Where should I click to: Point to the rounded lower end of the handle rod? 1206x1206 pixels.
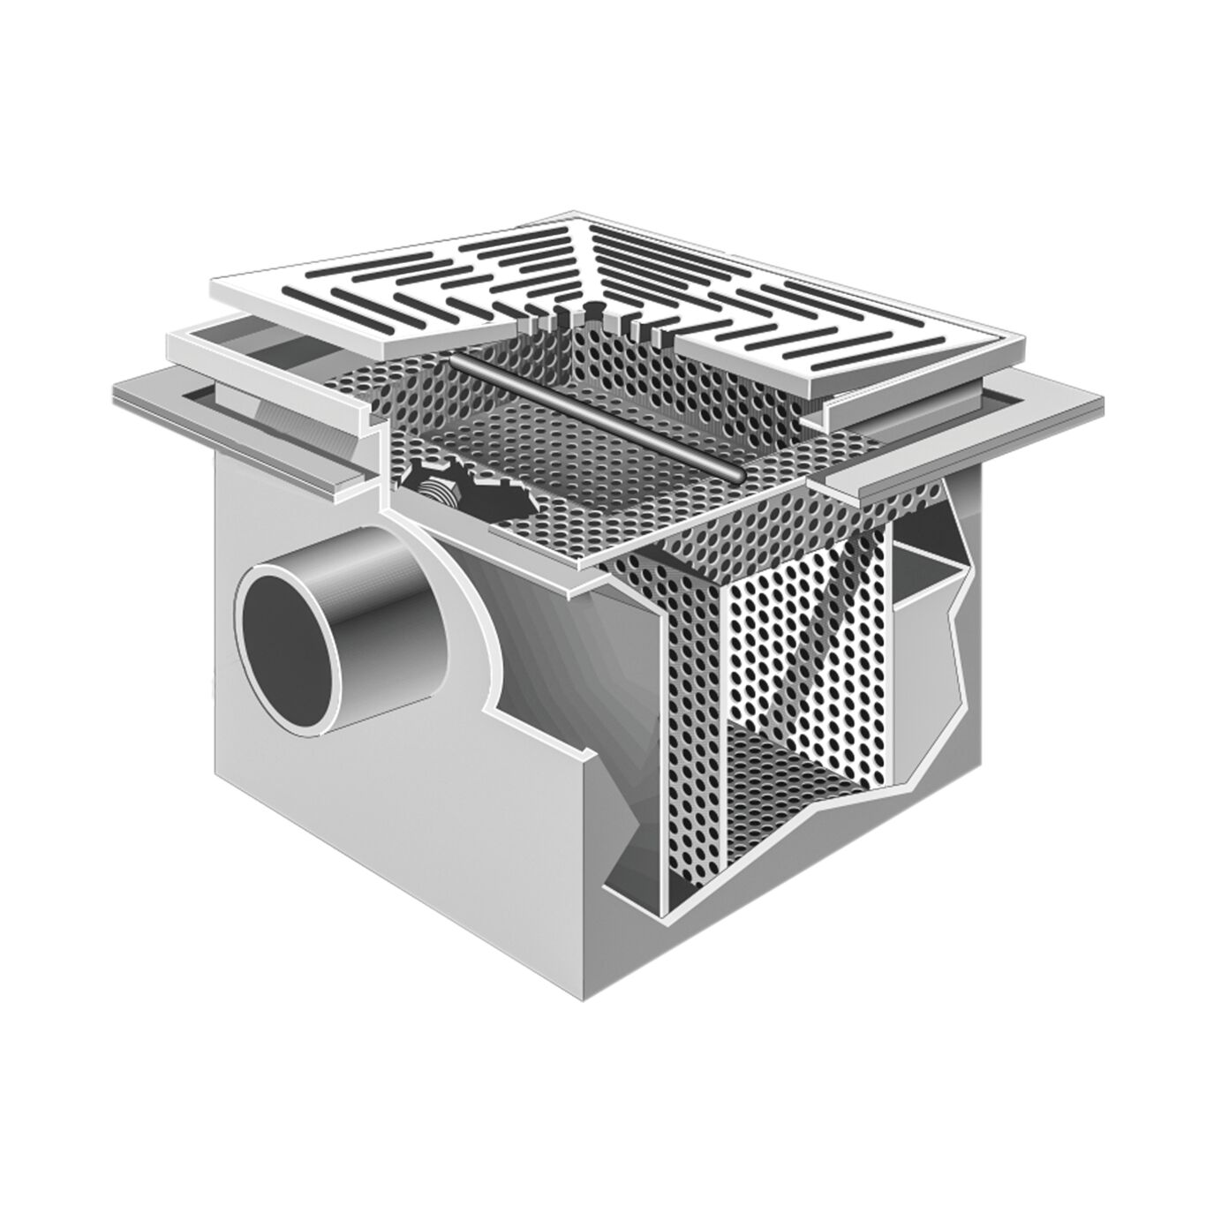point(738,475)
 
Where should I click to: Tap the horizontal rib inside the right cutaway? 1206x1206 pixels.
point(936,565)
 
